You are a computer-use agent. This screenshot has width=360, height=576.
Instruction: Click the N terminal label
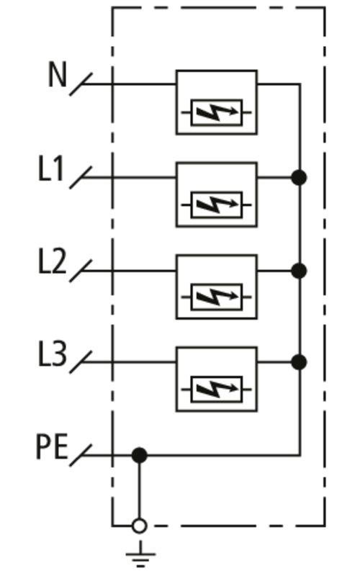tap(58, 74)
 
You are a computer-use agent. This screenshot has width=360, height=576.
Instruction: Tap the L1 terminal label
tap(51, 168)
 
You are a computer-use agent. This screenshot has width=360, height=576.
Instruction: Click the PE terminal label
tap(52, 447)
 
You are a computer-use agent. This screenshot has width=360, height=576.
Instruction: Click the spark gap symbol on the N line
tap(217, 113)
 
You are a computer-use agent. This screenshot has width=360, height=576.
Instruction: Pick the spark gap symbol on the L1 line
tap(217, 205)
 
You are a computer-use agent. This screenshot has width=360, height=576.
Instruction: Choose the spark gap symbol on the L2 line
tap(217, 297)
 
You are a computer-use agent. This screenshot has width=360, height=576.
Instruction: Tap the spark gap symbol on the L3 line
tap(217, 390)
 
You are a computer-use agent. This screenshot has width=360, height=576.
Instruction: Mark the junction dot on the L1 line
tap(300, 178)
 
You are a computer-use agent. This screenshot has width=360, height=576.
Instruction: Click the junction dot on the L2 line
tap(300, 271)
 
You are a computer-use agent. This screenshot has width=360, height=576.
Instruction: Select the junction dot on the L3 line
tap(300, 362)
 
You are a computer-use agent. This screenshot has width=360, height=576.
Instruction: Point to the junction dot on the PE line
tap(139, 456)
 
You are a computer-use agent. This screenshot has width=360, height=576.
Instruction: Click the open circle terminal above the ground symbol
tap(139, 526)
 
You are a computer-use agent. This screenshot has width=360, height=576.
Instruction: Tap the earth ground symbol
tap(140, 554)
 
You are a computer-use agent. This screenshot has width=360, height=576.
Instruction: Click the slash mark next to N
tap(81, 84)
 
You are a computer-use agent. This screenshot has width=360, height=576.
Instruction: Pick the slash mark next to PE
tap(81, 456)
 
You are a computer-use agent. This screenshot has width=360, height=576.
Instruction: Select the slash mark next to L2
tap(81, 271)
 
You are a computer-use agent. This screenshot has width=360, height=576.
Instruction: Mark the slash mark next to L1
tap(81, 178)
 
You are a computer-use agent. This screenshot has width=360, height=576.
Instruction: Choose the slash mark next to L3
tap(81, 362)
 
